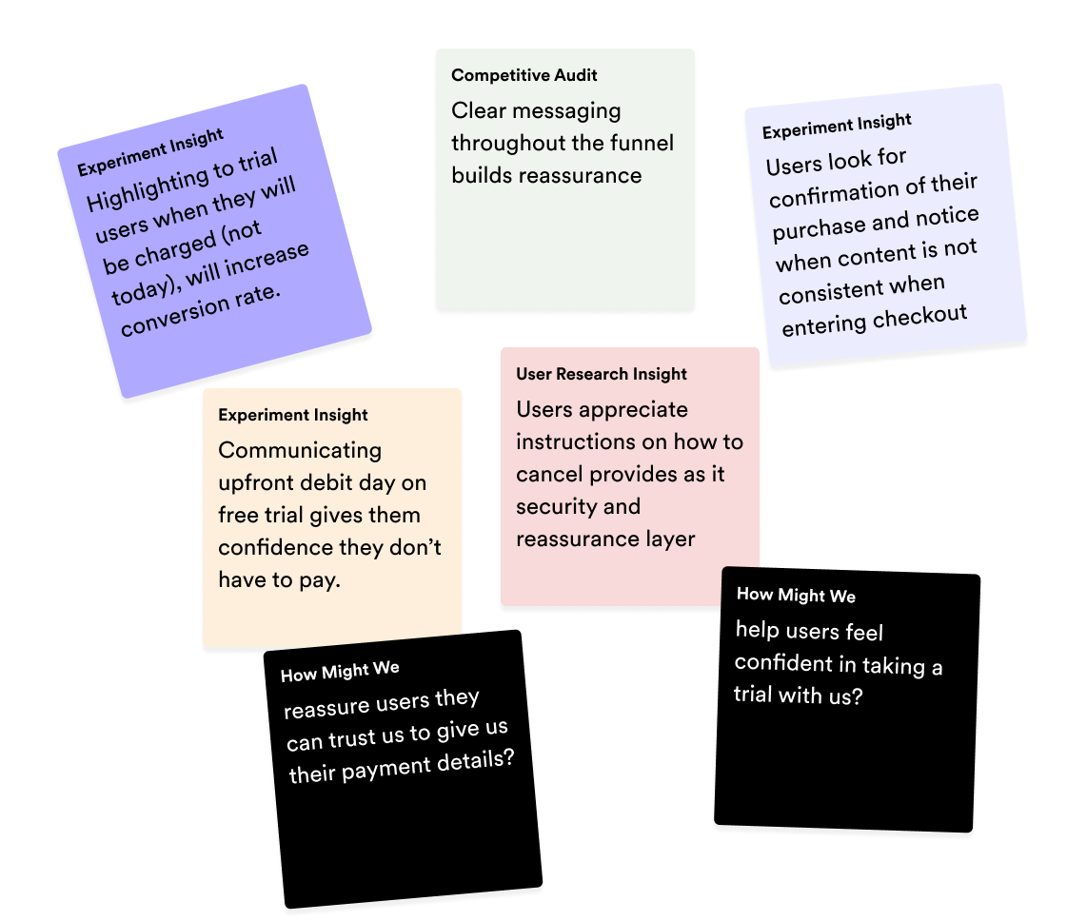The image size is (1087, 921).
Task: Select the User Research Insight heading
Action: pyautogui.click(x=602, y=374)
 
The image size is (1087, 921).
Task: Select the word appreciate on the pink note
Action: pyautogui.click(x=633, y=409)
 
